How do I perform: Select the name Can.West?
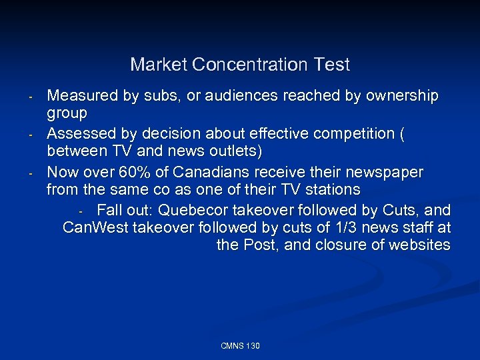95,228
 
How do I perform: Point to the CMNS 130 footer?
240,346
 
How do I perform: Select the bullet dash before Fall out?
80,212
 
